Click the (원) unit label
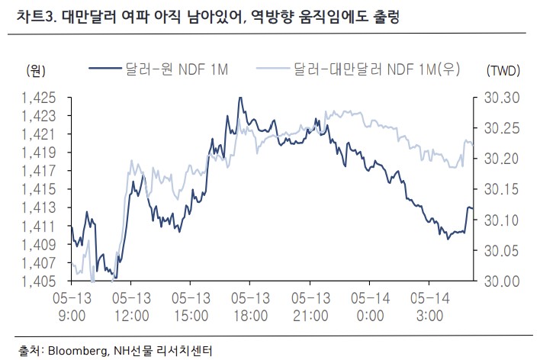[36, 72]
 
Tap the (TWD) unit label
[502, 72]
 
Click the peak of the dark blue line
[240, 98]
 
